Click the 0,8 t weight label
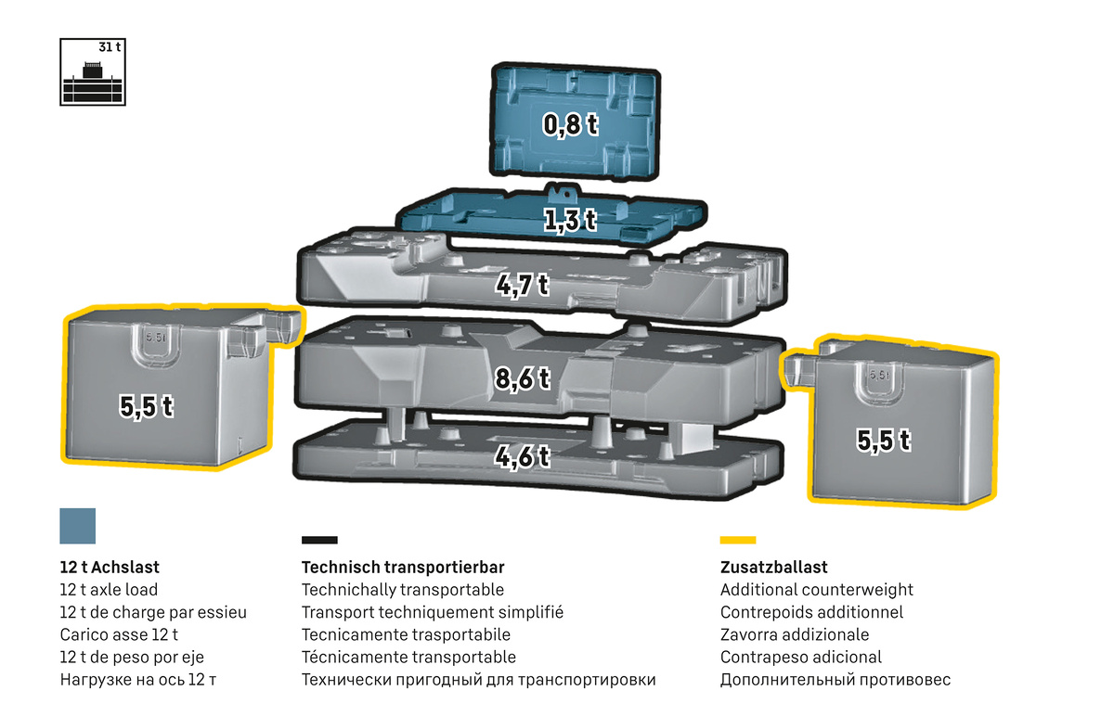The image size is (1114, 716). click(570, 124)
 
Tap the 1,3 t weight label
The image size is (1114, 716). click(569, 221)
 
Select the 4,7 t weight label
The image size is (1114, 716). click(521, 284)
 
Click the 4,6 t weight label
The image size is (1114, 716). click(522, 456)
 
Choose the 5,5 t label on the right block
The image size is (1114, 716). click(882, 441)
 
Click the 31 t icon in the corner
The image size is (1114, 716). click(92, 71)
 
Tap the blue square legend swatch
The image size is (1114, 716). click(77, 525)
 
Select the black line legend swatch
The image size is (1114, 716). click(319, 539)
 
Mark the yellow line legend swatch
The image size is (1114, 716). click(738, 539)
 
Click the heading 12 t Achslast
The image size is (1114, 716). click(115, 567)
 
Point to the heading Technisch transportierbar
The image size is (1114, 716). click(403, 567)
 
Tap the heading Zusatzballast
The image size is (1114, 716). click(773, 567)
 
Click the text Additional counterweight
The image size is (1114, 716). click(816, 590)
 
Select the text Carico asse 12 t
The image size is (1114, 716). click(118, 635)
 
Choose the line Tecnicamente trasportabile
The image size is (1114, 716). click(406, 635)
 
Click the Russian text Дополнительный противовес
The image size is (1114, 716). click(835, 680)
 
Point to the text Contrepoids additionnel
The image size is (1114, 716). click(811, 612)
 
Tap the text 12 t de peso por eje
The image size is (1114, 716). click(131, 658)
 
